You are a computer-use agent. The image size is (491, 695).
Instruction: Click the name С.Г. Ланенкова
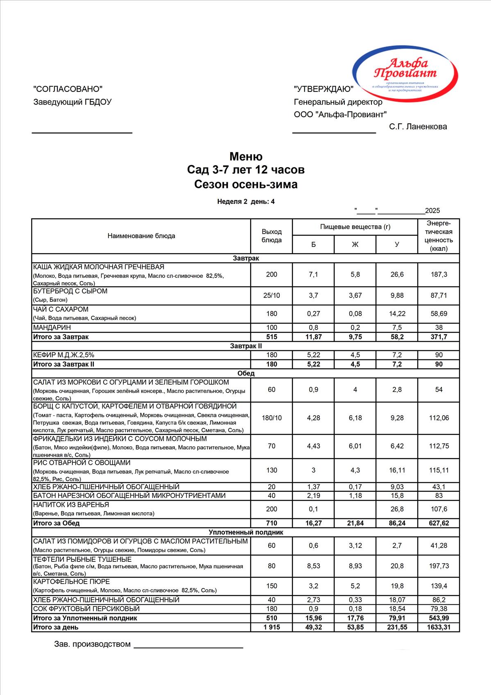tap(418, 127)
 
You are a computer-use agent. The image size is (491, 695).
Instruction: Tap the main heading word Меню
tap(246, 157)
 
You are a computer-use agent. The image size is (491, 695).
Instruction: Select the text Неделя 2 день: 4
tap(246, 202)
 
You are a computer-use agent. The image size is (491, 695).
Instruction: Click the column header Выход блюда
tap(272, 236)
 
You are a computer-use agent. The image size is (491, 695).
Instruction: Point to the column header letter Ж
tap(355, 245)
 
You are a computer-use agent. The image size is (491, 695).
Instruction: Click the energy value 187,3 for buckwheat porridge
tap(439, 275)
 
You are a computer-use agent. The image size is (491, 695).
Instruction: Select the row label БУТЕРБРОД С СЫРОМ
tap(70, 291)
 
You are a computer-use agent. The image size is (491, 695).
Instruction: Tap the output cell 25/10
tap(272, 295)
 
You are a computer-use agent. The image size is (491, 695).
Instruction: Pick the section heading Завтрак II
tap(246, 346)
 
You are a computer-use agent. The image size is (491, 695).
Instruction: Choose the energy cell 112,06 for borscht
tap(439, 418)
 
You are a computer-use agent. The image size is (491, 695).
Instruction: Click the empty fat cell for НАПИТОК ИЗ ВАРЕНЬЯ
tap(355, 509)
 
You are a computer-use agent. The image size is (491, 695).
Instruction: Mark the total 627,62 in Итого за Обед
tap(439, 523)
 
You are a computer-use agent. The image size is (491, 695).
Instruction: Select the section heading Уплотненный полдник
tap(246, 532)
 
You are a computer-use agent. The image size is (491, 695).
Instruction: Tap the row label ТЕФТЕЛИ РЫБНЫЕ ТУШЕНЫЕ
tap(82, 560)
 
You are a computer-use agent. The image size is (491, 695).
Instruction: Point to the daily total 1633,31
tap(439, 627)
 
